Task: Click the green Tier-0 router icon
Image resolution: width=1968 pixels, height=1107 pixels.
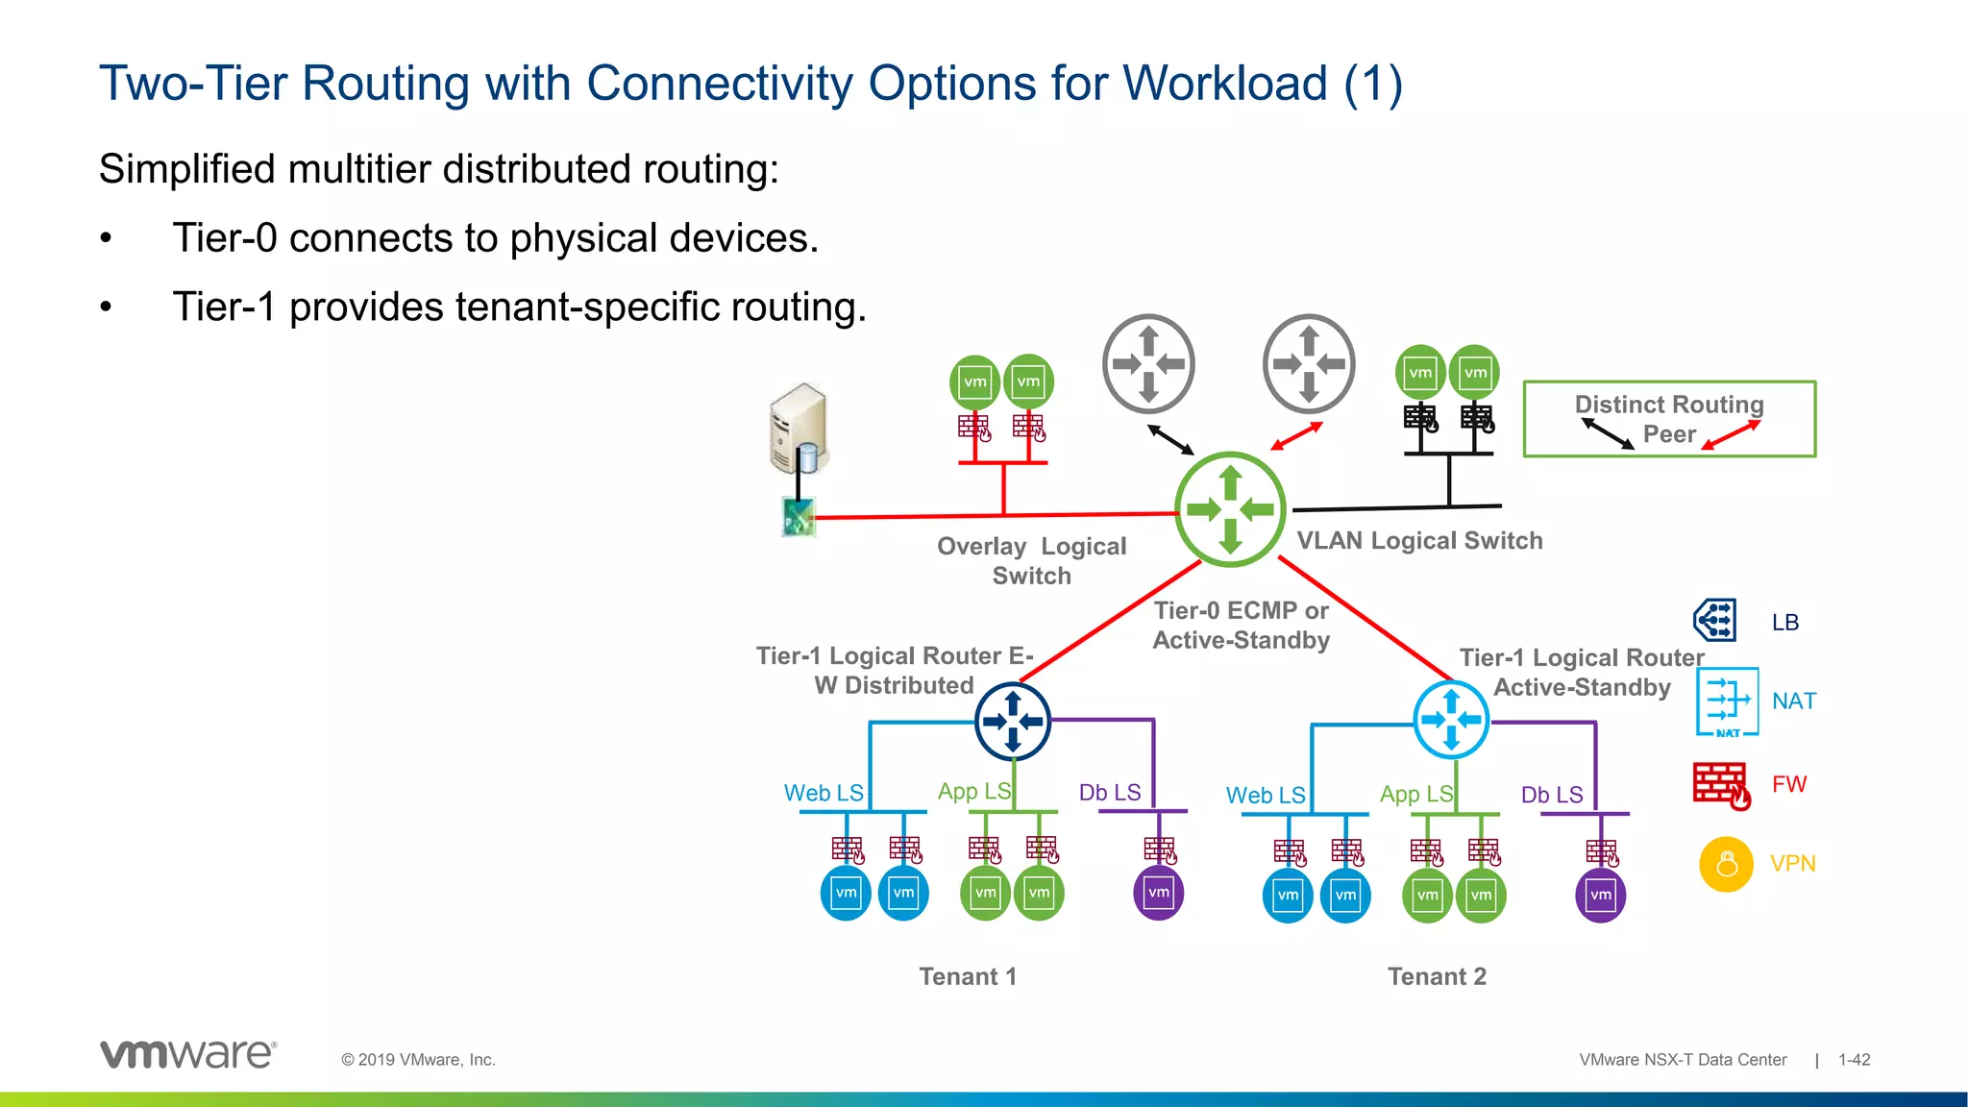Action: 1230,509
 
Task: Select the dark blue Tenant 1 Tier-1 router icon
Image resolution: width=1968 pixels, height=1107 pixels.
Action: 1013,721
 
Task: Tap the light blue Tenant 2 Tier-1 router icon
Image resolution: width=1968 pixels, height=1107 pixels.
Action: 1451,720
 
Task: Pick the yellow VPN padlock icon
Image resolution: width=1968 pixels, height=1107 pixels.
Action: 1726,864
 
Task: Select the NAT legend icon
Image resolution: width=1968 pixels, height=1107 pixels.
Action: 1727,701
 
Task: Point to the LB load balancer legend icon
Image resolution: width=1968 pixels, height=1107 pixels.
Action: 1715,620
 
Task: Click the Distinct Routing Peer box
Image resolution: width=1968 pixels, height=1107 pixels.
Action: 1669,419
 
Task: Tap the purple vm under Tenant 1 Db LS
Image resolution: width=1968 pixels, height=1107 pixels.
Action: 1159,893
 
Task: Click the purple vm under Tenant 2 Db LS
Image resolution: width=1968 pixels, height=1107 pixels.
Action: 1600,895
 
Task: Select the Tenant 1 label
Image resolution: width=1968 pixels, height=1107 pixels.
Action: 967,976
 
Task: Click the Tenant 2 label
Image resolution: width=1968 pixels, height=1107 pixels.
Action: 1437,976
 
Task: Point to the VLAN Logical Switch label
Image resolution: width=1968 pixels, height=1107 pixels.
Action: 1419,541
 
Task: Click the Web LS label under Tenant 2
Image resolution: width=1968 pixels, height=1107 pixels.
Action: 1265,796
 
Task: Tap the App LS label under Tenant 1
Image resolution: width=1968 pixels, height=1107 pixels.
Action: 973,791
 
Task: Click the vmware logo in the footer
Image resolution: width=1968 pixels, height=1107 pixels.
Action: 188,1054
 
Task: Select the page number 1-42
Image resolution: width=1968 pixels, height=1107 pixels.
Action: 1854,1060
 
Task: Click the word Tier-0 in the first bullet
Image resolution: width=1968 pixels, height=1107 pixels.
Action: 224,238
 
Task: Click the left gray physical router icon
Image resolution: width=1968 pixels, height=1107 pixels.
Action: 1148,364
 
